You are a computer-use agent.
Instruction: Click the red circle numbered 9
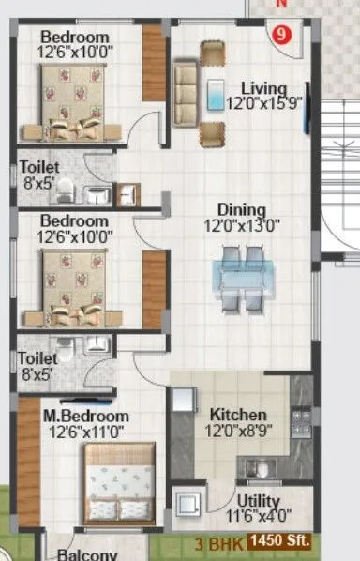click(x=278, y=36)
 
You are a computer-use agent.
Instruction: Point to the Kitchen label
click(x=238, y=415)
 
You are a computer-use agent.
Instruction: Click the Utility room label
click(x=258, y=500)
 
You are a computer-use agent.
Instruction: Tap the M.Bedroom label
click(x=71, y=416)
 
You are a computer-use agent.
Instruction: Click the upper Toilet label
click(x=38, y=169)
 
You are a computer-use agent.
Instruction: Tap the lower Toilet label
click(x=38, y=358)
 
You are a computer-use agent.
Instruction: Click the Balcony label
click(x=87, y=553)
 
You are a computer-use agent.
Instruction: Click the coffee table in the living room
click(x=216, y=94)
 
